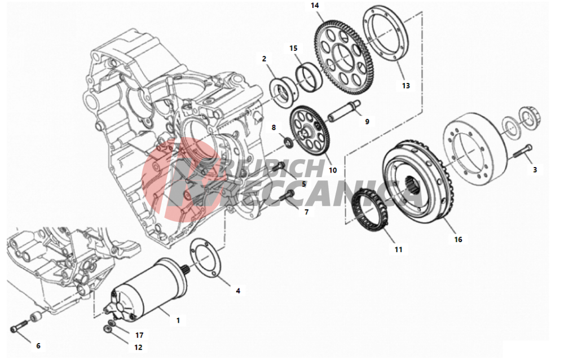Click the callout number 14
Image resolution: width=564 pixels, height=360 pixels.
pos(315,6)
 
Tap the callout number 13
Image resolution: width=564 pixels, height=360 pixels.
pos(406,86)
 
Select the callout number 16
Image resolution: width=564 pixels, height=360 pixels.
pos(458,239)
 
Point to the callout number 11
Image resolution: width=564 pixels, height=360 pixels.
pos(398,249)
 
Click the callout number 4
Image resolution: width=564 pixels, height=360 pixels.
pos(238,291)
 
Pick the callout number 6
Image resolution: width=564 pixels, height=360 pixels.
pos(38,346)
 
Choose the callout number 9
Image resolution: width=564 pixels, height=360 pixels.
pos(367,122)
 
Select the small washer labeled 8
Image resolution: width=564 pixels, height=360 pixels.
pos(288,142)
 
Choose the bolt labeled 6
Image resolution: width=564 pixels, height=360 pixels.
pos(18,327)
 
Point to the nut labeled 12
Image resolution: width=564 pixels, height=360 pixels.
pos(107,328)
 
